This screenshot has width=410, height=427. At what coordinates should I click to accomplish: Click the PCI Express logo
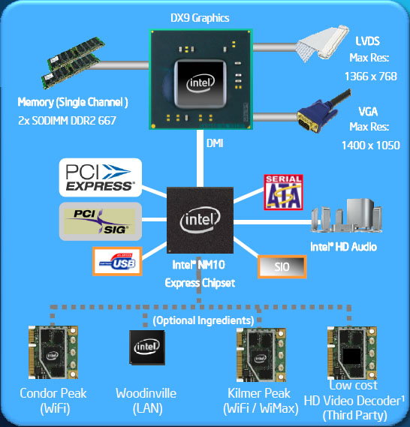pyautogui.click(x=101, y=177)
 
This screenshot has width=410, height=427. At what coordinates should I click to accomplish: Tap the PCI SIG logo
pyautogui.click(x=101, y=221)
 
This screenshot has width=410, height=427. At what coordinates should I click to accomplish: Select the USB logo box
pyautogui.click(x=117, y=261)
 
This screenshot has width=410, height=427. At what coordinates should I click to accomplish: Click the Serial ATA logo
pyautogui.click(x=283, y=192)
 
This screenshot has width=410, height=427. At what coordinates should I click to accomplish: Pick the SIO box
pyautogui.click(x=282, y=267)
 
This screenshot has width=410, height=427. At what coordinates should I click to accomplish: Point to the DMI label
pyautogui.click(x=215, y=143)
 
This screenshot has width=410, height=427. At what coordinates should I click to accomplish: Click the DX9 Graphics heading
pyautogui.click(x=200, y=18)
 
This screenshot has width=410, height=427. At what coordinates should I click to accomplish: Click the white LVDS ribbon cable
pyautogui.click(x=324, y=44)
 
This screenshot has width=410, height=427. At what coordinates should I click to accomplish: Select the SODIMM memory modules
pyautogui.click(x=72, y=62)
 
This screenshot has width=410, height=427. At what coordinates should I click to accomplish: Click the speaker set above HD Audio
pyautogui.click(x=346, y=215)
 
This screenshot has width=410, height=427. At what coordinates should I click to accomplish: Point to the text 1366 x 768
pyautogui.click(x=370, y=77)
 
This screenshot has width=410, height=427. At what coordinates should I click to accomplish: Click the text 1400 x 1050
pyautogui.click(x=371, y=146)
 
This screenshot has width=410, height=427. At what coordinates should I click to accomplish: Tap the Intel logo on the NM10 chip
pyautogui.click(x=200, y=219)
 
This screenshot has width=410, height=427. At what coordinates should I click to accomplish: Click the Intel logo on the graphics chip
pyautogui.click(x=200, y=83)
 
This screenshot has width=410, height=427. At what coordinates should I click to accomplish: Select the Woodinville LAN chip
pyautogui.click(x=147, y=347)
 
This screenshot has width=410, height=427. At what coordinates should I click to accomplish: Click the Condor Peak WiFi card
pyautogui.click(x=53, y=352)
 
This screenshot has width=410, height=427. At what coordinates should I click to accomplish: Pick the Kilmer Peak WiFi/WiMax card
pyautogui.click(x=261, y=355)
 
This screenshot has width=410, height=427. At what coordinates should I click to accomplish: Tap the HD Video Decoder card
pyautogui.click(x=352, y=353)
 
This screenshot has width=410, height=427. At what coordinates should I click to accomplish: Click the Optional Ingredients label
pyautogui.click(x=203, y=320)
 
